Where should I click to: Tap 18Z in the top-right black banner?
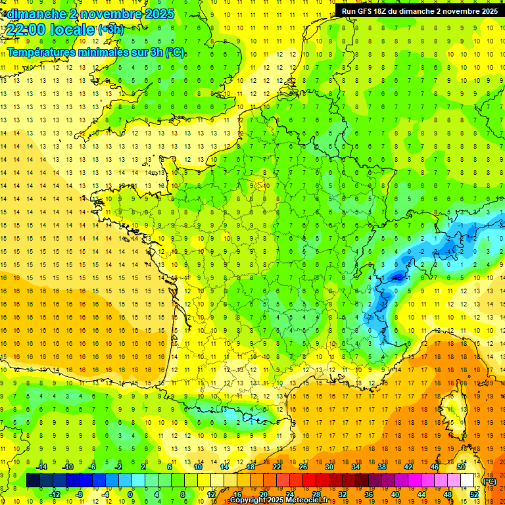[383, 11]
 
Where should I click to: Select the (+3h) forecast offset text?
[110, 29]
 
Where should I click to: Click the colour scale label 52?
[474, 494]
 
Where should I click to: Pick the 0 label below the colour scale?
[130, 494]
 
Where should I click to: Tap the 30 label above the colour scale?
[329, 467]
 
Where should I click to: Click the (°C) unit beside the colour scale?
[489, 481]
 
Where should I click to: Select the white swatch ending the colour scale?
[468, 481]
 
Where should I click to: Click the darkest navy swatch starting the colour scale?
[33, 481]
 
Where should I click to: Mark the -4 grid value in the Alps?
[446, 251]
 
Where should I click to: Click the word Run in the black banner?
[349, 11]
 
